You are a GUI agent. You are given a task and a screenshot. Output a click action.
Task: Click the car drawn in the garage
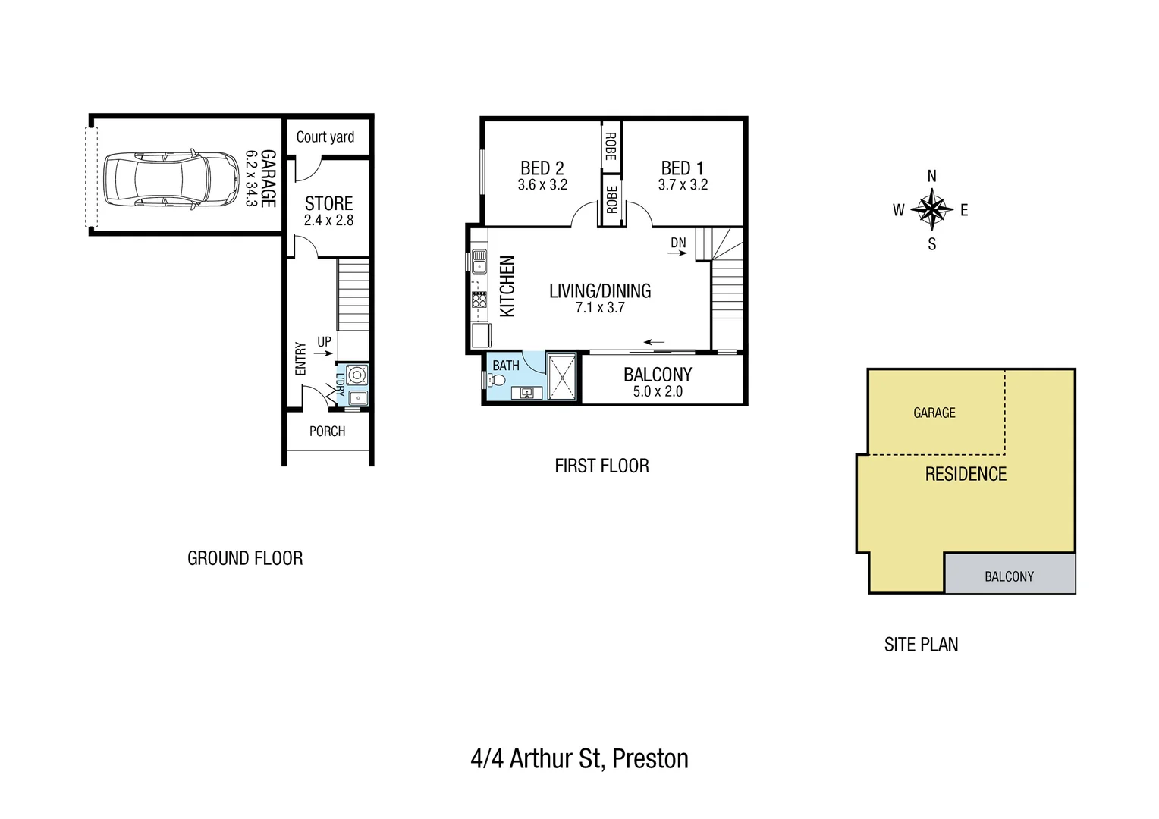[x=171, y=179]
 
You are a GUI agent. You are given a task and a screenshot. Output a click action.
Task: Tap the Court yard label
[x=325, y=137]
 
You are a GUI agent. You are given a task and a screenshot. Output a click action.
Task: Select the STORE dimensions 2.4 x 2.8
[x=328, y=221]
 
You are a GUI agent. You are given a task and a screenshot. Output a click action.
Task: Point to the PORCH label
[x=327, y=431]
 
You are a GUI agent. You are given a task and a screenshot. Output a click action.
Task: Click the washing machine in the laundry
[x=356, y=375]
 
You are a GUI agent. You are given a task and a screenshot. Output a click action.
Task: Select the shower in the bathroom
[x=561, y=376]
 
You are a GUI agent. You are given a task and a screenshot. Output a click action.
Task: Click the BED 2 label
[x=542, y=168]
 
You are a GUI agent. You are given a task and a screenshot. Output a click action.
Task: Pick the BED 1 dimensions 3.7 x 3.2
[x=683, y=185]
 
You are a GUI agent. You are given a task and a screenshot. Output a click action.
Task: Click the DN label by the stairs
[x=678, y=243]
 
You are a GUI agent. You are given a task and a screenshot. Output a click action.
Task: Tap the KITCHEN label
[x=507, y=286]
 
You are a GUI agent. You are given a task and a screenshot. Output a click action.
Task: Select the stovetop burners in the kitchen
[x=479, y=300]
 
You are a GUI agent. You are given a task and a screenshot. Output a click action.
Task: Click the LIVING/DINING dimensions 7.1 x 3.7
[x=599, y=308]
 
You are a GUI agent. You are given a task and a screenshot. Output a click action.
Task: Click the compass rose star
[x=931, y=210]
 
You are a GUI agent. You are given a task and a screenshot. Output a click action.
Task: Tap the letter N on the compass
[x=931, y=177]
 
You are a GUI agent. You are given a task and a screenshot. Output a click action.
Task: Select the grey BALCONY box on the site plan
[x=1009, y=574]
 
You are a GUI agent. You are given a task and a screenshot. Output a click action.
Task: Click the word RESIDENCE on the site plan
[x=966, y=475]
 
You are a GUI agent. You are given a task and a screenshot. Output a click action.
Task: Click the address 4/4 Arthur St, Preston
[x=579, y=759]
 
